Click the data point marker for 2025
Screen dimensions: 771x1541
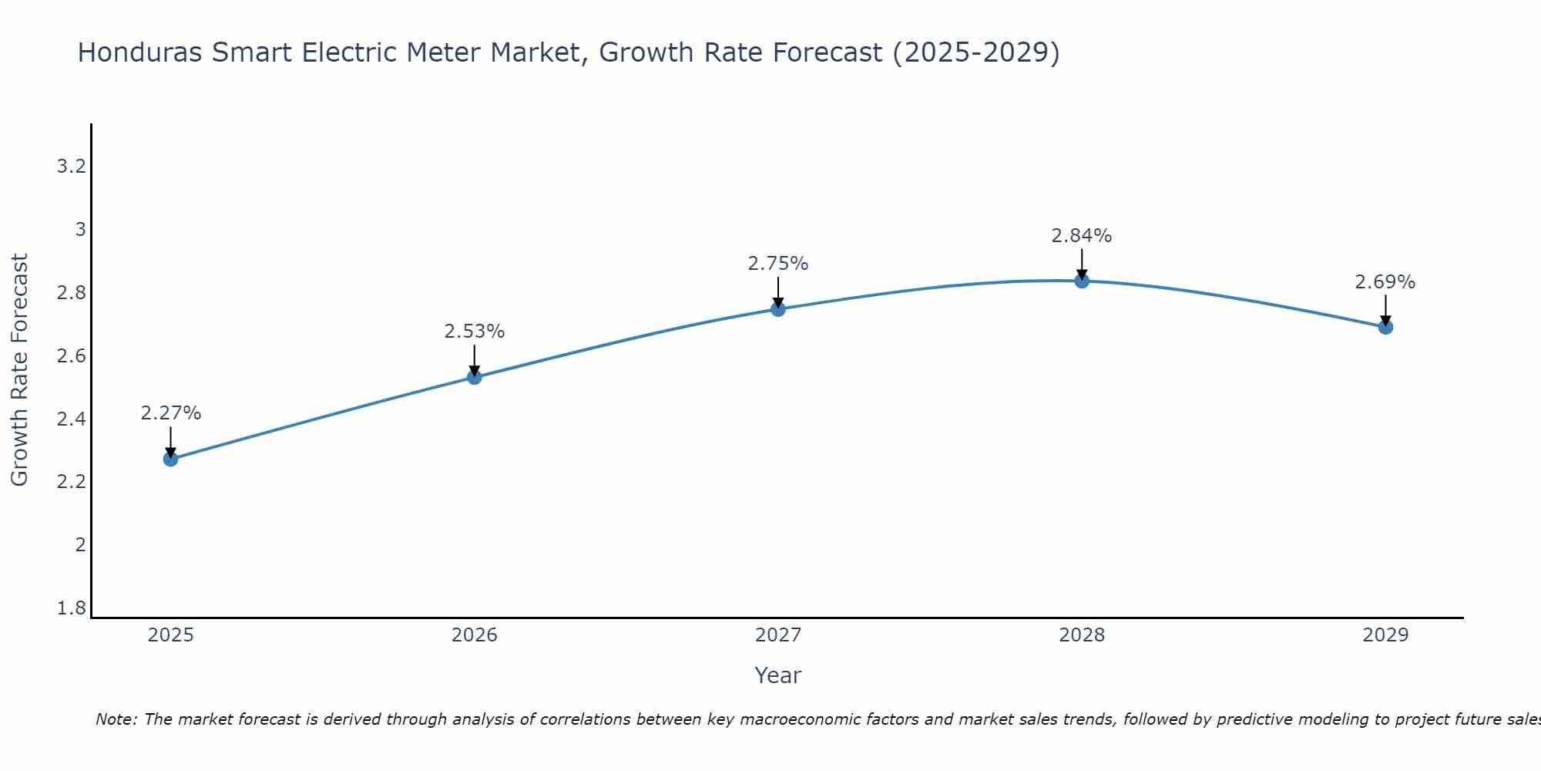[x=171, y=460]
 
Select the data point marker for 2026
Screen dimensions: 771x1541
[x=475, y=377]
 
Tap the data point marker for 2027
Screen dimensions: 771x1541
[x=778, y=309]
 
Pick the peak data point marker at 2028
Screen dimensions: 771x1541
[x=1082, y=281]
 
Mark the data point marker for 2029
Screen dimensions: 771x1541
[x=1385, y=327]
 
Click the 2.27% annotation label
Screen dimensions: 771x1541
[x=171, y=413]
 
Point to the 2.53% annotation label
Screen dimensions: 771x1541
[x=475, y=332]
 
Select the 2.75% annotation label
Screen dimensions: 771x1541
[x=778, y=264]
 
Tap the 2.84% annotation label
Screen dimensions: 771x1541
[x=1082, y=236]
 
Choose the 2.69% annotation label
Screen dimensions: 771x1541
[x=1385, y=282]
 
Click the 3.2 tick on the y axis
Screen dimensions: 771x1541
[x=72, y=167]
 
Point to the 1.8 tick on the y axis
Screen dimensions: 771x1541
[x=72, y=608]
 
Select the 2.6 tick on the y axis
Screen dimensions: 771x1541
[x=72, y=356]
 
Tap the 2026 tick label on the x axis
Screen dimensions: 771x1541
[x=475, y=635]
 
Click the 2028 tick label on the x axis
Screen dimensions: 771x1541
[x=1082, y=635]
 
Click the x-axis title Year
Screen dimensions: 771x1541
[x=778, y=675]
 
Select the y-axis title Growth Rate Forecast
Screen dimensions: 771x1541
[x=20, y=370]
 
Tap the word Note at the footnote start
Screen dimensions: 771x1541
[x=116, y=719]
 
